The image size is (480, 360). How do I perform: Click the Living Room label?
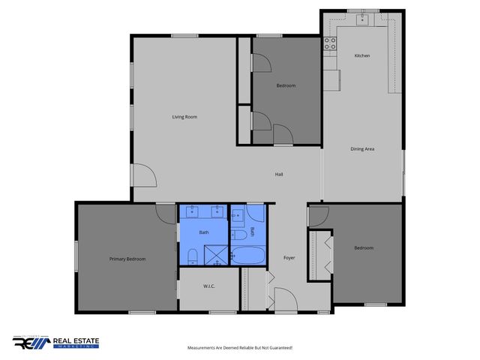[184, 117]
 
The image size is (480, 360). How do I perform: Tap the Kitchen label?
[362, 56]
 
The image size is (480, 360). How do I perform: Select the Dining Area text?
[362, 149]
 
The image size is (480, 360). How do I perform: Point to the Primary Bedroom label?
[127, 259]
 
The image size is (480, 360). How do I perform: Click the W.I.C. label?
[209, 286]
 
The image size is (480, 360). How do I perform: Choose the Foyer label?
[289, 258]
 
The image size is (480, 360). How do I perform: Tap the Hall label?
[279, 174]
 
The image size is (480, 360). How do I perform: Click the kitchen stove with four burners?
[329, 44]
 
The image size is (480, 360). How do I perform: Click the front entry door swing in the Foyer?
[284, 298]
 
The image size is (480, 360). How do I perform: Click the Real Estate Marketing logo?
[55, 343]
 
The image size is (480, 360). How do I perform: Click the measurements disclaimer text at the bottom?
[239, 348]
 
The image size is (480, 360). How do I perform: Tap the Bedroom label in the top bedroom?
[286, 85]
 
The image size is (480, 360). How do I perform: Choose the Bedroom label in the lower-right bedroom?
[364, 247]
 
